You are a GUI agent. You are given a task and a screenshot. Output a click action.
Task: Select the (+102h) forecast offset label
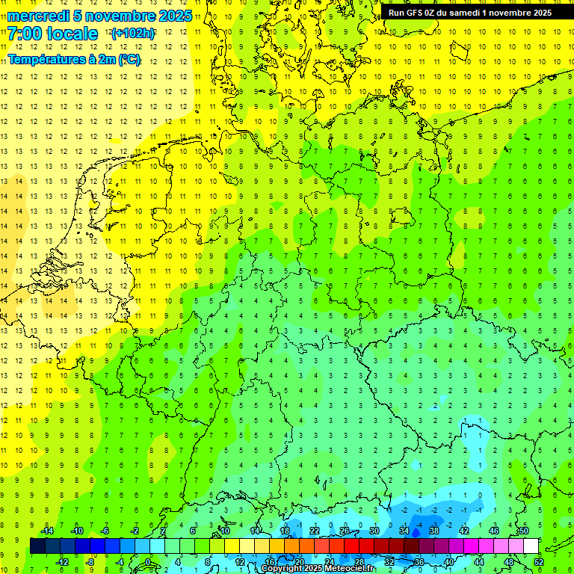click(x=132, y=34)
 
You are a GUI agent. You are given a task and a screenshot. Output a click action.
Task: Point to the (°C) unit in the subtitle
click(x=129, y=59)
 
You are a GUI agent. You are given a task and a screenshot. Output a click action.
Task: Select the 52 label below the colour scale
click(x=539, y=562)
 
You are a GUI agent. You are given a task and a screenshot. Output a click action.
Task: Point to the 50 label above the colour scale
click(x=524, y=530)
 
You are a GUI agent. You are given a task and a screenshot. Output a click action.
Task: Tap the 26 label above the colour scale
click(x=345, y=530)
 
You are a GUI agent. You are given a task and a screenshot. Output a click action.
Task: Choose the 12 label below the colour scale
click(x=240, y=562)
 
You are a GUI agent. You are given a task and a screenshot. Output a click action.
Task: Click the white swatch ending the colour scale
click(x=531, y=546)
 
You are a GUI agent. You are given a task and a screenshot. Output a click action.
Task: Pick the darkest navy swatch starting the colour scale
click(x=37, y=546)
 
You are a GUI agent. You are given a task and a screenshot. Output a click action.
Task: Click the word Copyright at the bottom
click(x=282, y=569)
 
